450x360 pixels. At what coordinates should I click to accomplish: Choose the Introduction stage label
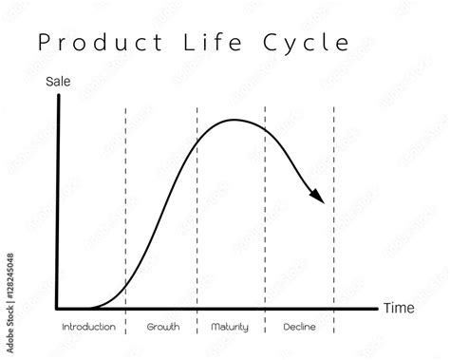point(88,328)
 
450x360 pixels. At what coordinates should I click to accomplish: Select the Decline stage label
point(298,328)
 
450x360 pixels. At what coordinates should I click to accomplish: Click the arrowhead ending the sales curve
point(319,197)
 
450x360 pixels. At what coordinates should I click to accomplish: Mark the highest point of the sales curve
point(234,121)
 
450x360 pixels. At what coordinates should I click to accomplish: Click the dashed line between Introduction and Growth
point(125,209)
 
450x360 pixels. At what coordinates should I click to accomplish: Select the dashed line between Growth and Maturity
point(197,209)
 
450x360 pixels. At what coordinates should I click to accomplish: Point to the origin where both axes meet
point(58,308)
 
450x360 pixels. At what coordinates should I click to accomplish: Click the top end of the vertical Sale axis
point(58,97)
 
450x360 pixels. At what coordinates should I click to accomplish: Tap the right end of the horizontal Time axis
point(376,308)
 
